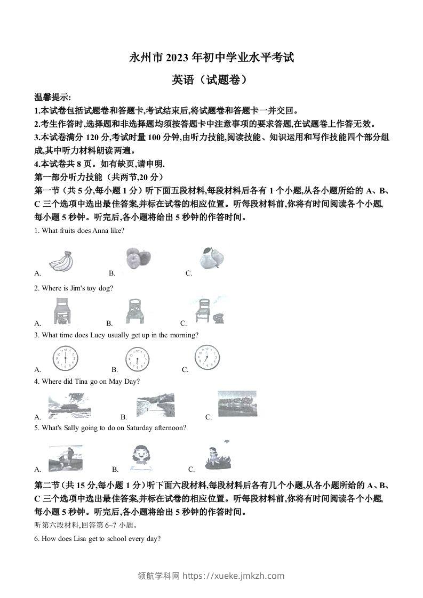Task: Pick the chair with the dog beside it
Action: (207, 310)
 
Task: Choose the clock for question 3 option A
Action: (65, 358)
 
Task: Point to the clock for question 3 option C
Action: (206, 358)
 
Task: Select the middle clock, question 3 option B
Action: (138, 359)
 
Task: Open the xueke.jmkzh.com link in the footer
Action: (233, 576)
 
